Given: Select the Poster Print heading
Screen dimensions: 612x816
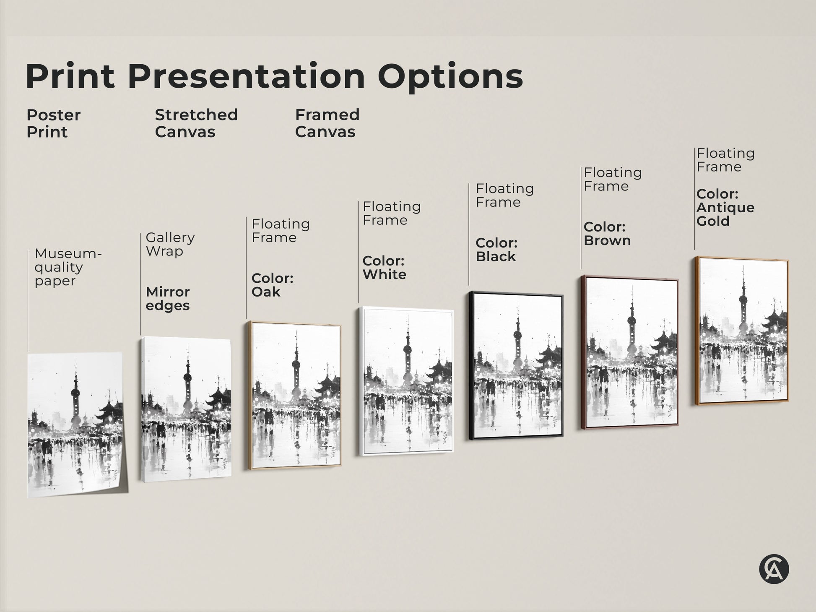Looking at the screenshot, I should (x=53, y=123).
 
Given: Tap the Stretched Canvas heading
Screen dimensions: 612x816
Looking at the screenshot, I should (x=196, y=123).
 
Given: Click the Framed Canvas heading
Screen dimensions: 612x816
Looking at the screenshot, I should (x=327, y=123).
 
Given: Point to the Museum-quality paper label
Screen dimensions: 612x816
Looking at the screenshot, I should (x=68, y=267).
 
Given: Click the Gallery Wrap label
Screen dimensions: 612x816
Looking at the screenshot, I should (x=170, y=244).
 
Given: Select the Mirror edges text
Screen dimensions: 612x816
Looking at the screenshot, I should (x=168, y=298).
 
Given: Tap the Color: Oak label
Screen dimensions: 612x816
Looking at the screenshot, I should (x=272, y=285).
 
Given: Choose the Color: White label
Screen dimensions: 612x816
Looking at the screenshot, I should (x=384, y=267).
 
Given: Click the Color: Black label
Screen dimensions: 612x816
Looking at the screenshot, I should (x=496, y=250).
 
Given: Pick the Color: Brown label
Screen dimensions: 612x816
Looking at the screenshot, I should (x=607, y=234).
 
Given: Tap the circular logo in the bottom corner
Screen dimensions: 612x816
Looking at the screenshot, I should (x=774, y=570).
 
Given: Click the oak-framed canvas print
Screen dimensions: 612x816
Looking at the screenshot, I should (x=294, y=395).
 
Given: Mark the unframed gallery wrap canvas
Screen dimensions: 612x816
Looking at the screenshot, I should (x=186, y=409).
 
